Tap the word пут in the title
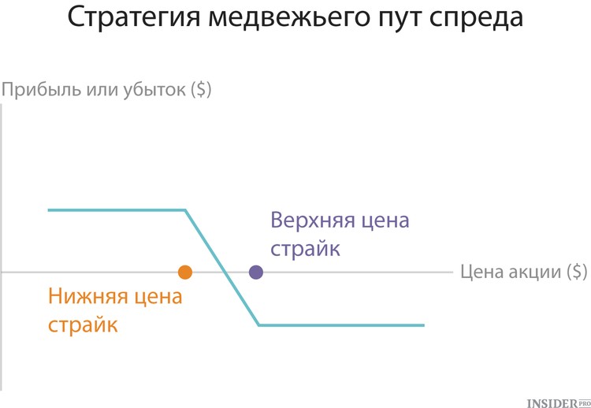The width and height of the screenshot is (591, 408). pyautogui.click(x=398, y=20)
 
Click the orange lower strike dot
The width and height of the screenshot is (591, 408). pyautogui.click(x=185, y=272)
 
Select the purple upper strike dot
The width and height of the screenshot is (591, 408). pyautogui.click(x=256, y=272)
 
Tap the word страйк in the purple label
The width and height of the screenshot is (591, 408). pyautogui.click(x=305, y=249)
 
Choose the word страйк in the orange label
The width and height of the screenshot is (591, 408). pyautogui.click(x=83, y=325)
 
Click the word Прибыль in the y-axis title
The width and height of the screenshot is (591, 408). pyautogui.click(x=41, y=91)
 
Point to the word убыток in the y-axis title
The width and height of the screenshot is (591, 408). pyautogui.click(x=154, y=91)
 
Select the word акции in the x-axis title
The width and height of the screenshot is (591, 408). pyautogui.click(x=535, y=272)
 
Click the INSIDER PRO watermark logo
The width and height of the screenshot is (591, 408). pyautogui.click(x=559, y=402)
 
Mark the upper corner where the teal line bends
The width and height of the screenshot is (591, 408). pyautogui.click(x=184, y=210)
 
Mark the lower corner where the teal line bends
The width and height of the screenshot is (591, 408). pyautogui.click(x=259, y=325)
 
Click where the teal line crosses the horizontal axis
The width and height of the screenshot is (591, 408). pyautogui.click(x=225, y=272)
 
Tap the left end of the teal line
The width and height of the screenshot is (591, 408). pyautogui.click(x=49, y=210)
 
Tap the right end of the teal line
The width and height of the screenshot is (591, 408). pyautogui.click(x=424, y=325)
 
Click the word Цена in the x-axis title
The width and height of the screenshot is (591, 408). pyautogui.click(x=483, y=272)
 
